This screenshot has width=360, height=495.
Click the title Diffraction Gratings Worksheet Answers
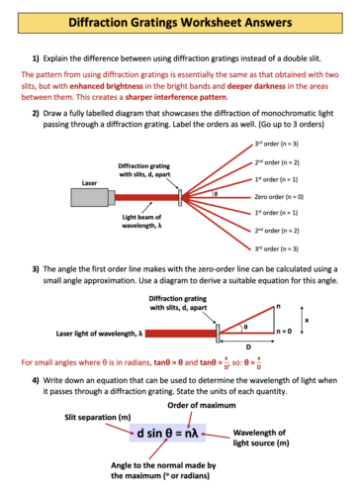[x=179, y=20]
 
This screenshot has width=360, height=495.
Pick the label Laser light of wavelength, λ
[x=100, y=333]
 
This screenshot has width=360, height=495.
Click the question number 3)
[x=37, y=269]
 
